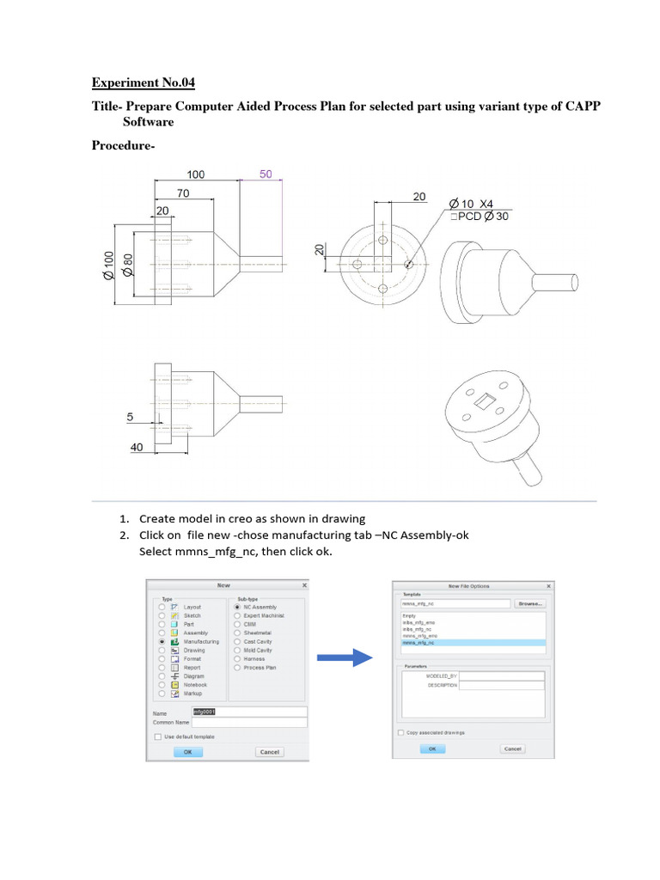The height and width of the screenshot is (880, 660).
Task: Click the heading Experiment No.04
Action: [144, 83]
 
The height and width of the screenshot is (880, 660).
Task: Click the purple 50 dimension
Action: [266, 174]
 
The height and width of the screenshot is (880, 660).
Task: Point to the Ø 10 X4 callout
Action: [472, 204]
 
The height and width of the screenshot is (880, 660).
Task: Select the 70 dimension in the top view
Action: [183, 194]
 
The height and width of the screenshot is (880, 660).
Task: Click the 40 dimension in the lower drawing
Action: [136, 448]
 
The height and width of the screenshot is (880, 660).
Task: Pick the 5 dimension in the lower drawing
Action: [131, 417]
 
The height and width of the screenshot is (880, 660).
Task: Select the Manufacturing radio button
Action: [162, 641]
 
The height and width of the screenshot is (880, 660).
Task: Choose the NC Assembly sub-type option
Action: [236, 607]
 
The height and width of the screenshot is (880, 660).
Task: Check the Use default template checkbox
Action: [157, 736]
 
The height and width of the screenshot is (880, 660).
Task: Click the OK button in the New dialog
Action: [187, 751]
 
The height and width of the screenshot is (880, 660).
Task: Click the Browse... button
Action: [529, 604]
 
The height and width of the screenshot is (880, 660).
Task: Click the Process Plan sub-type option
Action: [236, 667]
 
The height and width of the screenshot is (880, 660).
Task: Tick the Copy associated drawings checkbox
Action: [400, 732]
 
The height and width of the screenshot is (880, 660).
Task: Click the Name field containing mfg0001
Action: [249, 712]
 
